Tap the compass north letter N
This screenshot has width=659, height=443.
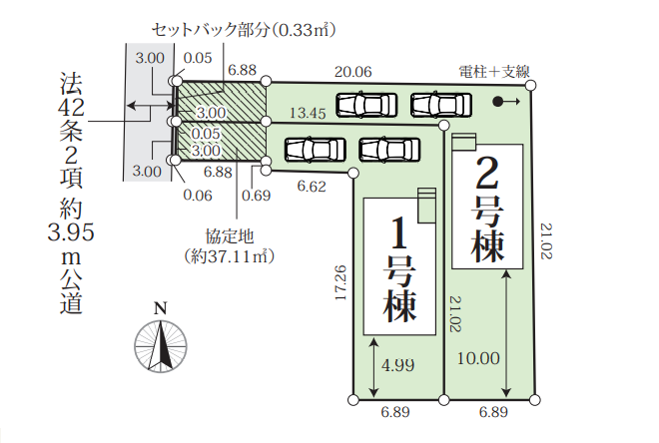click(x=160, y=306)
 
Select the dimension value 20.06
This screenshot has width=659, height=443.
click(x=353, y=72)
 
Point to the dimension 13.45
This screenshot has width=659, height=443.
click(x=307, y=114)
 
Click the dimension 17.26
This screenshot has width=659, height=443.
click(x=340, y=283)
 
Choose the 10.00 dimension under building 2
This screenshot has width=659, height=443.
click(x=477, y=357)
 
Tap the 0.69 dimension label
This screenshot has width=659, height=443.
click(x=257, y=195)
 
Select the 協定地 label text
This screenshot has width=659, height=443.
click(x=229, y=237)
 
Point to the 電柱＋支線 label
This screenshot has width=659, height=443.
click(x=493, y=71)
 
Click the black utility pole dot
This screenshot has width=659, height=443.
click(x=498, y=101)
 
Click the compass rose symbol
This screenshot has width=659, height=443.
click(x=160, y=344)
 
